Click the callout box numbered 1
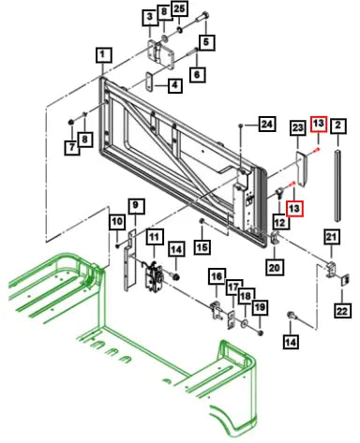pyautogui.click(x=104, y=55)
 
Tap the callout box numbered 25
pyautogui.click(x=179, y=9)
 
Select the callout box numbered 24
pyautogui.click(x=267, y=125)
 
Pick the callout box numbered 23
pyautogui.click(x=298, y=127)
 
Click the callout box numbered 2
pyautogui.click(x=338, y=126)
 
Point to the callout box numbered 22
pyautogui.click(x=342, y=310)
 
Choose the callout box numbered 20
pyautogui.click(x=275, y=267)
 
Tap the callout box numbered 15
pyautogui.click(x=202, y=247)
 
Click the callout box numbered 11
pyautogui.click(x=155, y=237)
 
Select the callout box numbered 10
pyautogui.click(x=117, y=222)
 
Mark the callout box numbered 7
pyautogui.click(x=72, y=147)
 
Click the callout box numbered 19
pyautogui.click(x=260, y=307)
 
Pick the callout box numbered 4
pyautogui.click(x=175, y=85)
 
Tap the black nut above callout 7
pyautogui.click(x=71, y=122)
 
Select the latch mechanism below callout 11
pyautogui.click(x=154, y=275)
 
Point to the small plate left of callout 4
pyautogui.click(x=150, y=81)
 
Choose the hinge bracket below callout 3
pyautogui.click(x=161, y=54)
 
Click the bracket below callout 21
pyautogui.click(x=331, y=268)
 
